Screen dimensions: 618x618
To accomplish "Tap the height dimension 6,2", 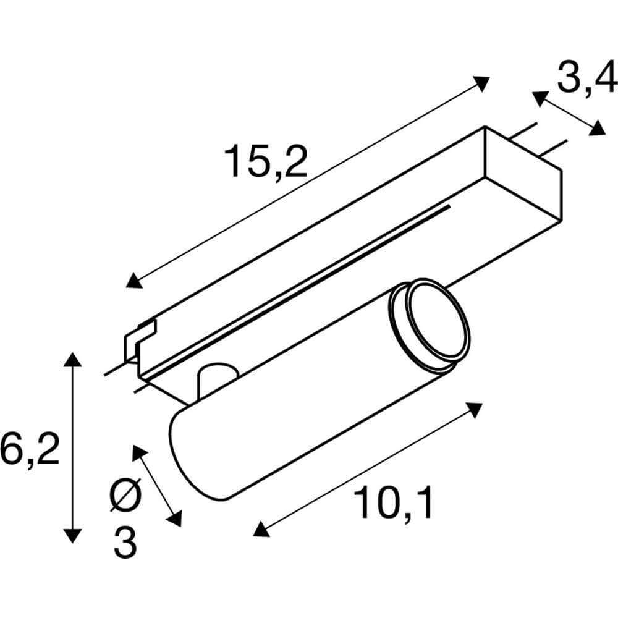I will (30, 449).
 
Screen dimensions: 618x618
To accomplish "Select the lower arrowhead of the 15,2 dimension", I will (133, 282).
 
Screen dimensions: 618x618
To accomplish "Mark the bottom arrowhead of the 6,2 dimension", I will (74, 535).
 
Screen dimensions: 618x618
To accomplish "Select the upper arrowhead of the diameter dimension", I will (140, 452).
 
